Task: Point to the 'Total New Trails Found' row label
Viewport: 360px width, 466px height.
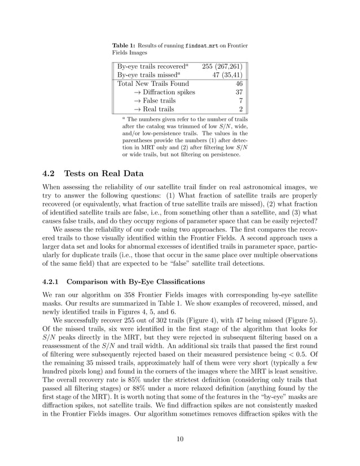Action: point(153,83)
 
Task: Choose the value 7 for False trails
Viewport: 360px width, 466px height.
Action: point(240,100)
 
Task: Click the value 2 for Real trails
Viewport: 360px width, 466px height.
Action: point(240,109)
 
